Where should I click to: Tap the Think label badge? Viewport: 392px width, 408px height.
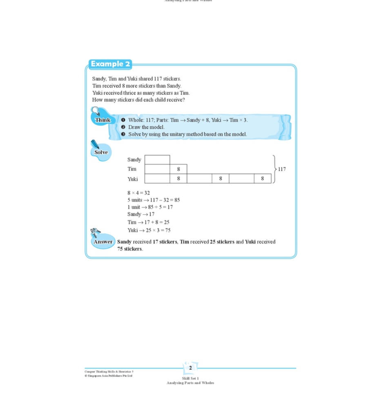pyautogui.click(x=102, y=120)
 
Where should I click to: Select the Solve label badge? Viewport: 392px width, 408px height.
pyautogui.click(x=101, y=152)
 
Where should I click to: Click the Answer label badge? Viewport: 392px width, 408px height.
pyautogui.click(x=103, y=242)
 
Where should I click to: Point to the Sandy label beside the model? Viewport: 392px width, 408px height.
pyautogui.click(x=134, y=160)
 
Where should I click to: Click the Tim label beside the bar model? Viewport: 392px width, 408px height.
pyautogui.click(x=132, y=169)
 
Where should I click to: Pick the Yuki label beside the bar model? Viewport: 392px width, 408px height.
pyautogui.click(x=133, y=179)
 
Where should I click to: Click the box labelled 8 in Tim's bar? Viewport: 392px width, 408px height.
pyautogui.click(x=178, y=169)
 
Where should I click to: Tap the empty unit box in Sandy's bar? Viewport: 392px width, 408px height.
pyautogui.click(x=157, y=160)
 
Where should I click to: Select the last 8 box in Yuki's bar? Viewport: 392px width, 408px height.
pyautogui.click(x=263, y=179)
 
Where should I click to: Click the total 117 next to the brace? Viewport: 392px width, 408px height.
pyautogui.click(x=282, y=169)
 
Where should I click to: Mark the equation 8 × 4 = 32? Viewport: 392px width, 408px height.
pyautogui.click(x=138, y=193)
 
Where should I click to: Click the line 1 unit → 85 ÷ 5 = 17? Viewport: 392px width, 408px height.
pyautogui.click(x=150, y=207)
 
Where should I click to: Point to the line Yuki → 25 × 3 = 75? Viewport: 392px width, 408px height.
pyautogui.click(x=149, y=230)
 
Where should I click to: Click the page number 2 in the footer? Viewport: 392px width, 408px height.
pyautogui.click(x=190, y=368)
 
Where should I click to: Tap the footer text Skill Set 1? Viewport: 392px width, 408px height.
pyautogui.click(x=190, y=378)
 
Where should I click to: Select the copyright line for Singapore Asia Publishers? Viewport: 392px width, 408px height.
pyautogui.click(x=109, y=376)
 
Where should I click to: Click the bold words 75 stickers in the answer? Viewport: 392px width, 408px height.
pyautogui.click(x=129, y=249)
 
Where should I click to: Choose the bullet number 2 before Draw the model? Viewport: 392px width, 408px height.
pyautogui.click(x=123, y=127)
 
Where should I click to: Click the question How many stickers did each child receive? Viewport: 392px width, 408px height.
pyautogui.click(x=138, y=100)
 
